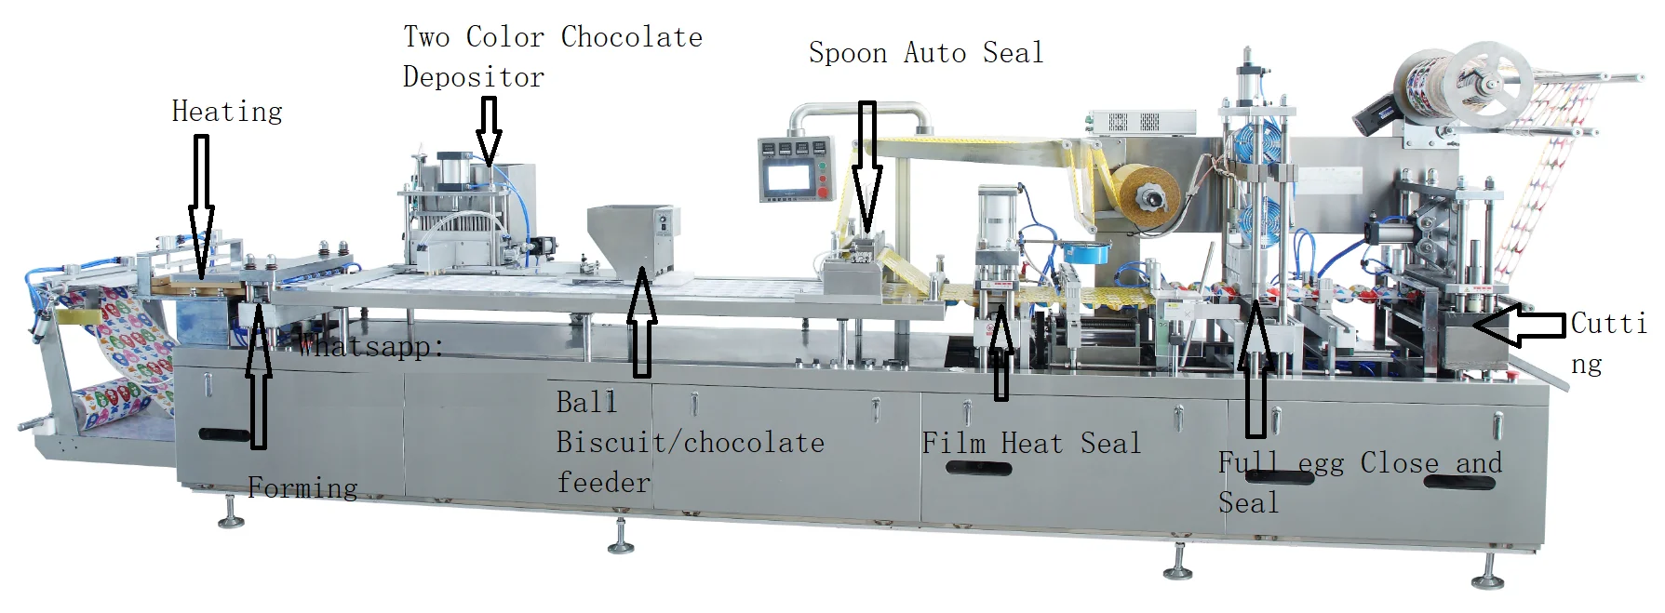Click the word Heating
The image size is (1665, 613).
[227, 112]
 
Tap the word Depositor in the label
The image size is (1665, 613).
[473, 77]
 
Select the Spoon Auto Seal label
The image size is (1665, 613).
[925, 53]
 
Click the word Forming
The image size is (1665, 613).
[302, 487]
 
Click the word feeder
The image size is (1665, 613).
[603, 482]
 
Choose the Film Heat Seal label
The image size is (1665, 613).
[1030, 443]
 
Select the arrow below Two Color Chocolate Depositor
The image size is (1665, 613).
[488, 130]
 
